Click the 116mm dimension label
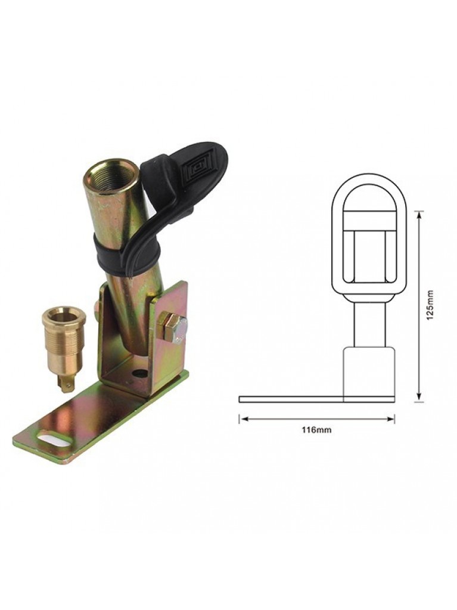pos(317,431)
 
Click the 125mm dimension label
pos(430,305)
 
